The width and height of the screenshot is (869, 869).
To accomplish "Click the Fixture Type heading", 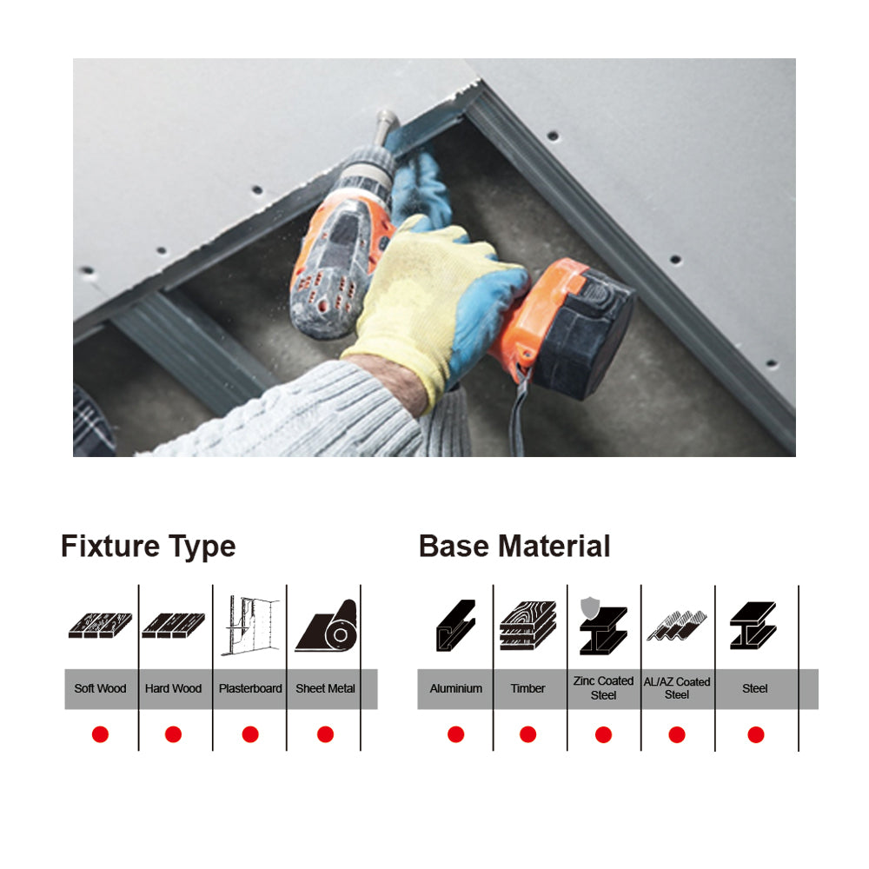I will pos(148,547).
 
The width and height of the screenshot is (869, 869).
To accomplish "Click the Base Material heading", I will pos(514,547).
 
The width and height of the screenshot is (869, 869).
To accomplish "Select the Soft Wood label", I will pos(100,688).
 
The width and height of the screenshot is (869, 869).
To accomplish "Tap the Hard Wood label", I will pos(173,688).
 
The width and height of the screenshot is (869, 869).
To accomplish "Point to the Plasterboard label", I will pos(250,688).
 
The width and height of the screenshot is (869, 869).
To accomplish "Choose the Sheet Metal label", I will pos(325,688).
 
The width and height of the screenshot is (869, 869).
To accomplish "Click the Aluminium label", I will pos(455,688).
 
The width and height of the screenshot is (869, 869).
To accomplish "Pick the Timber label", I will pos(527,688).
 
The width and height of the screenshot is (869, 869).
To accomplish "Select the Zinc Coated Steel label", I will pos(603,687).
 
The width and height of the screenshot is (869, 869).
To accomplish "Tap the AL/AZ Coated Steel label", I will pos(677,687).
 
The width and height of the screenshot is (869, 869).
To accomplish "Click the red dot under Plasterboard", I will pos(250,734).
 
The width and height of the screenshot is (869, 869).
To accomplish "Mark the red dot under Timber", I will pos(527,734).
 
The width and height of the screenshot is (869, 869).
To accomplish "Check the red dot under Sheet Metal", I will pos(325,734).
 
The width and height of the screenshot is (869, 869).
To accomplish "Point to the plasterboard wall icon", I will pos(249,625).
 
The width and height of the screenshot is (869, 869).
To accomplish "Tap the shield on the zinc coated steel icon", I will pos(589,607).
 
